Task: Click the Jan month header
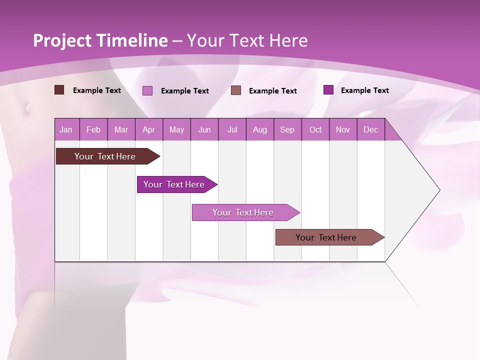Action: coord(66,130)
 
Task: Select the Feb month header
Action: coord(93,130)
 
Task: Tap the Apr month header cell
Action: coord(149,130)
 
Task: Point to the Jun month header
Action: coord(204,130)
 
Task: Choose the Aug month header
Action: coord(260,130)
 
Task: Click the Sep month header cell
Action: coord(287,130)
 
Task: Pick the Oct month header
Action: coord(315,130)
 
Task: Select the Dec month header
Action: coord(371,130)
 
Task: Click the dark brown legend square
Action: coord(59,90)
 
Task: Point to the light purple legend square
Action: coord(147,90)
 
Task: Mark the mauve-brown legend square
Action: coord(236,90)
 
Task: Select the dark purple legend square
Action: coord(328,90)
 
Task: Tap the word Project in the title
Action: coord(62,40)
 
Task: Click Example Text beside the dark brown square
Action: coord(97,90)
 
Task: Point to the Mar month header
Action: coord(121,130)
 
